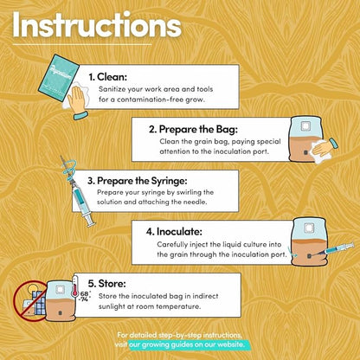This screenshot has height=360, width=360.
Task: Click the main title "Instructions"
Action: point(97,25)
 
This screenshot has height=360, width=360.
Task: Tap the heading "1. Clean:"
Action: point(107,77)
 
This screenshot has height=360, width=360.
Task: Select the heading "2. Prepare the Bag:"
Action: point(193,130)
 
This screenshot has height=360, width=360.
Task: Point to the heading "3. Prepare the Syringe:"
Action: point(138,181)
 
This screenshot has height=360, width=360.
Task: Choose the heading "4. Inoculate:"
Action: point(174,232)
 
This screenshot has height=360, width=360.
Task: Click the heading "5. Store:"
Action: point(107,283)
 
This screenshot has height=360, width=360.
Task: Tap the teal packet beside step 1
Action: point(59,78)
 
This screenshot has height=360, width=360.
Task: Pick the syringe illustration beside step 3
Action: point(78,192)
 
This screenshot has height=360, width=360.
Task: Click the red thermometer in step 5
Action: point(75,287)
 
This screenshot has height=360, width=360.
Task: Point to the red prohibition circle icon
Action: point(29,301)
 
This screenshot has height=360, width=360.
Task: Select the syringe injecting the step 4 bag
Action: point(336,249)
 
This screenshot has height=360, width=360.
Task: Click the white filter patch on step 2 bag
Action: point(305,125)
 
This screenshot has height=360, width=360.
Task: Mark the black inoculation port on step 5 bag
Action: point(60,313)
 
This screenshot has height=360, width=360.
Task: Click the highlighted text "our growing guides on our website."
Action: point(190,344)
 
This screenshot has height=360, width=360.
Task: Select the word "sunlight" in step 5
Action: point(112,306)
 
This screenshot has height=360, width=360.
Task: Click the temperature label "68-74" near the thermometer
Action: point(85,297)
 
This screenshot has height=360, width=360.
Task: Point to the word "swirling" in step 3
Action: point(188,192)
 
